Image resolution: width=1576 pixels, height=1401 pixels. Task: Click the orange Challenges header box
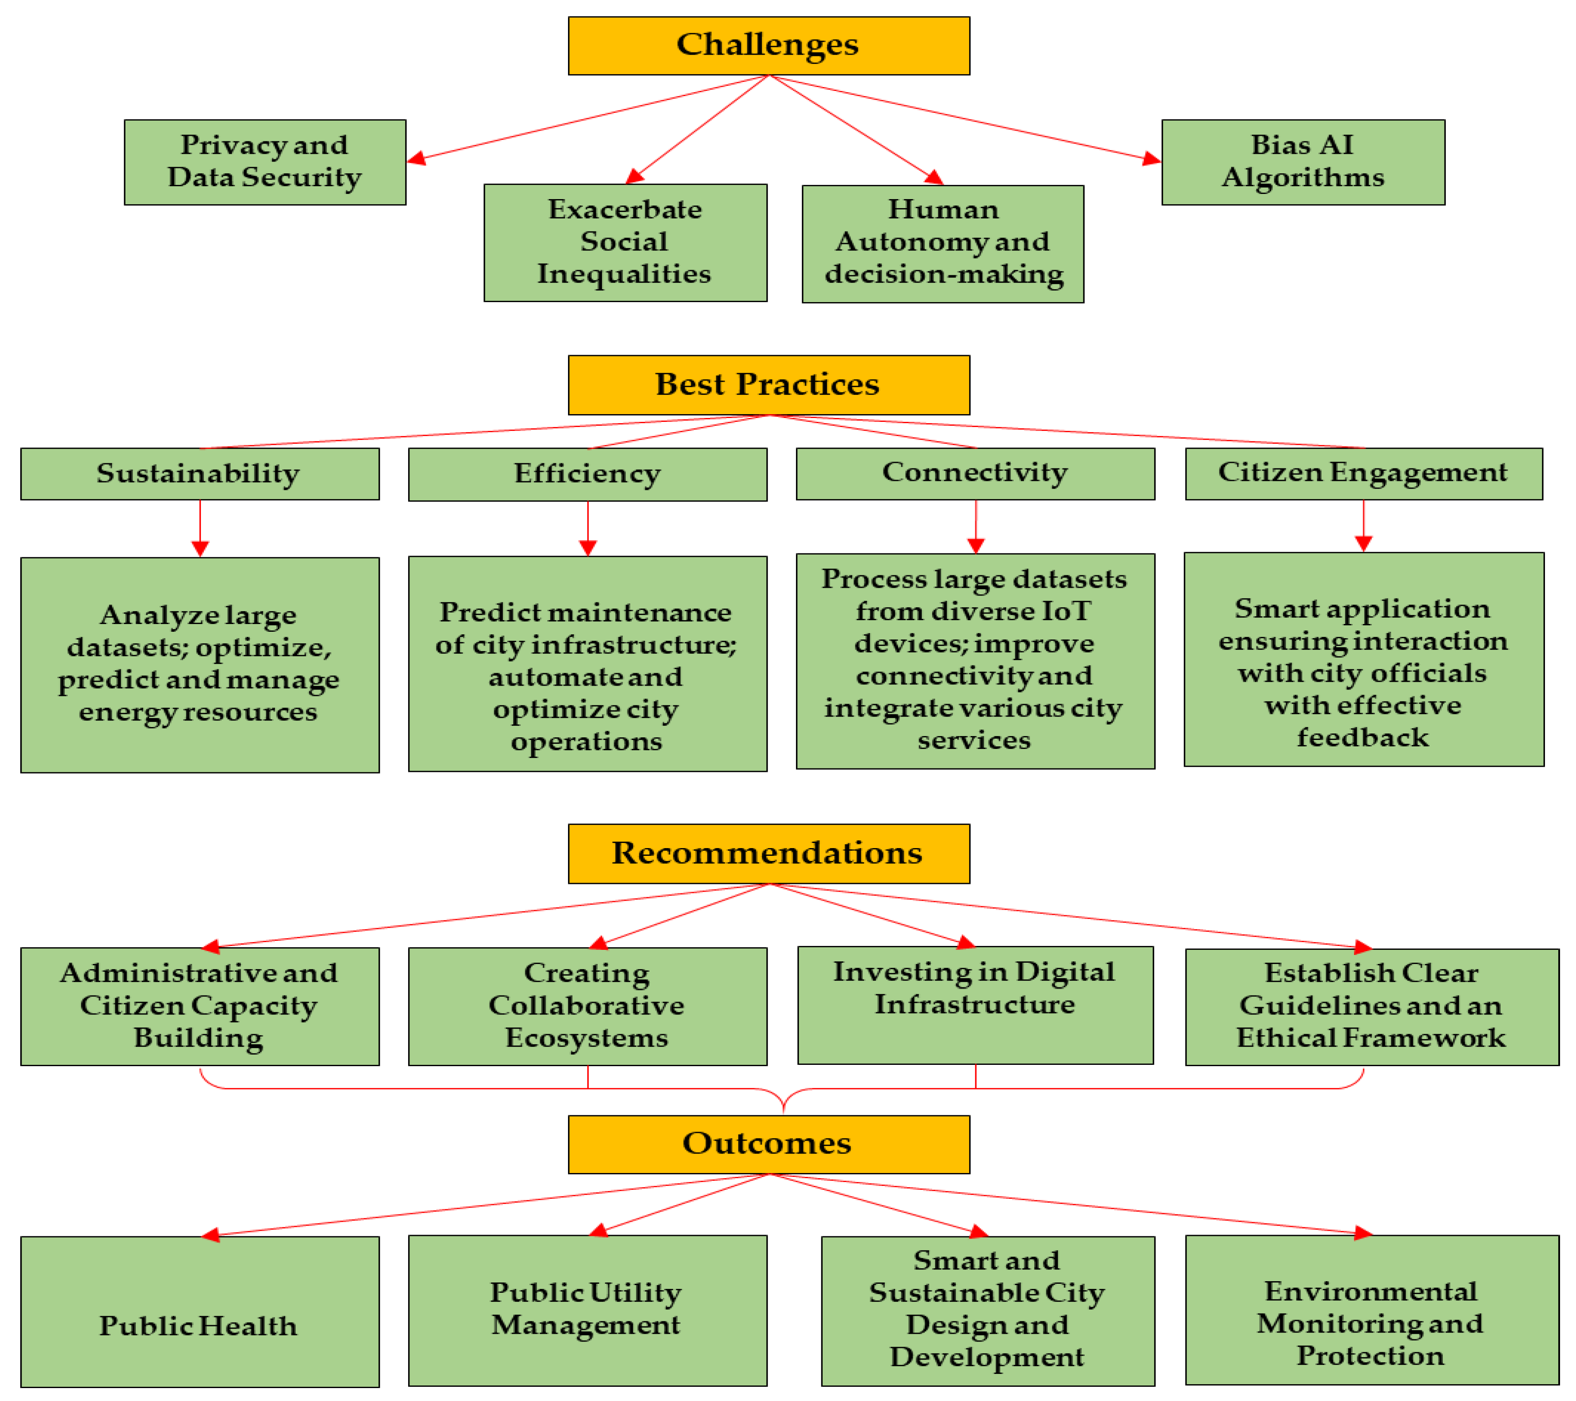769,46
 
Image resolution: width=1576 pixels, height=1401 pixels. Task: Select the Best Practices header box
769,385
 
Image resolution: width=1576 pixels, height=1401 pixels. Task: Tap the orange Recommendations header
769,854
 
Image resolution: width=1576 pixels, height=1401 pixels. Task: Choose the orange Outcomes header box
769,1144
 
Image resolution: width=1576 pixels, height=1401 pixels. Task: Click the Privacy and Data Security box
265,162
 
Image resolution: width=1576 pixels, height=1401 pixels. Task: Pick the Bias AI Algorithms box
1303,162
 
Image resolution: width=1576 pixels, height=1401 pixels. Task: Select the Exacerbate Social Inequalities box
625,242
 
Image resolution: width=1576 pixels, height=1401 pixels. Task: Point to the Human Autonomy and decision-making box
943,243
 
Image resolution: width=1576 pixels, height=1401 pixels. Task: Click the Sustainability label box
200,474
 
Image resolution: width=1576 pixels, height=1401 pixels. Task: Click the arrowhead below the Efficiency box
587,547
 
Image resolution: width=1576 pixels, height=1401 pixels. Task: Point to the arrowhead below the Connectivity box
975,545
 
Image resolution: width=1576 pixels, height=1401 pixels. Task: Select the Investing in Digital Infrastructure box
975,1005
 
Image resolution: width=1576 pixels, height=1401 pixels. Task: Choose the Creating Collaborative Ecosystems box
587,1006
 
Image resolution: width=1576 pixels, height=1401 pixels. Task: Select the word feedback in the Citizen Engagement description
1362,738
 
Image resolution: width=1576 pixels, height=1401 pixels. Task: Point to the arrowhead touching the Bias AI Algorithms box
1152,159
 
